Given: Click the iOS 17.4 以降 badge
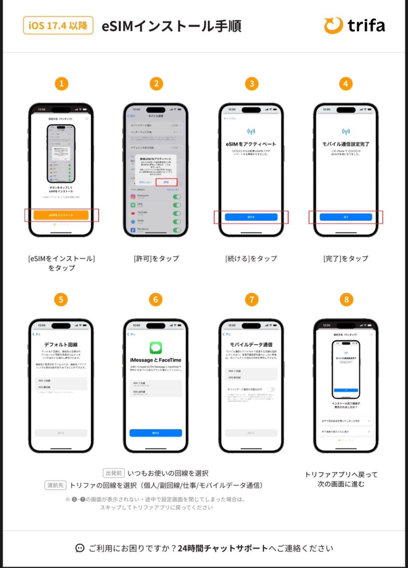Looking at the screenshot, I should pyautogui.click(x=58, y=26).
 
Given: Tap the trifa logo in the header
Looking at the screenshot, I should pyautogui.click(x=354, y=26).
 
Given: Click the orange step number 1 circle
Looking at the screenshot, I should pyautogui.click(x=61, y=84).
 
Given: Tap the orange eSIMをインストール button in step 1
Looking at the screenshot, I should pyautogui.click(x=61, y=215).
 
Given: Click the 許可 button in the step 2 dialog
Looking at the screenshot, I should pyautogui.click(x=166, y=182).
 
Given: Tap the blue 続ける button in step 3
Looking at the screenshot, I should pyautogui.click(x=251, y=217).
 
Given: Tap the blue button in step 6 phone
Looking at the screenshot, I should pyautogui.click(x=155, y=433).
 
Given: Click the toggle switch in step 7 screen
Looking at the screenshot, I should pyautogui.click(x=271, y=389).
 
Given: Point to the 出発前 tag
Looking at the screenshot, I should pyautogui.click(x=114, y=473).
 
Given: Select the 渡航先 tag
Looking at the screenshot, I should pyautogui.click(x=56, y=485).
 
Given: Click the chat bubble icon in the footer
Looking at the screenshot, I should pyautogui.click(x=79, y=548).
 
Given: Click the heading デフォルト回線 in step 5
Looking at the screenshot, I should pyautogui.click(x=61, y=345).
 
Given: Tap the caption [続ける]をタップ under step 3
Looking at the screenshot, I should pyautogui.click(x=251, y=259).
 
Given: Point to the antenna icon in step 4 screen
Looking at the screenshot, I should pyautogui.click(x=346, y=131).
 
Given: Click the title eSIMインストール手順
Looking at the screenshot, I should pyautogui.click(x=171, y=26).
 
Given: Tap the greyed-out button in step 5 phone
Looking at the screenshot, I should pyautogui.click(x=61, y=433).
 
